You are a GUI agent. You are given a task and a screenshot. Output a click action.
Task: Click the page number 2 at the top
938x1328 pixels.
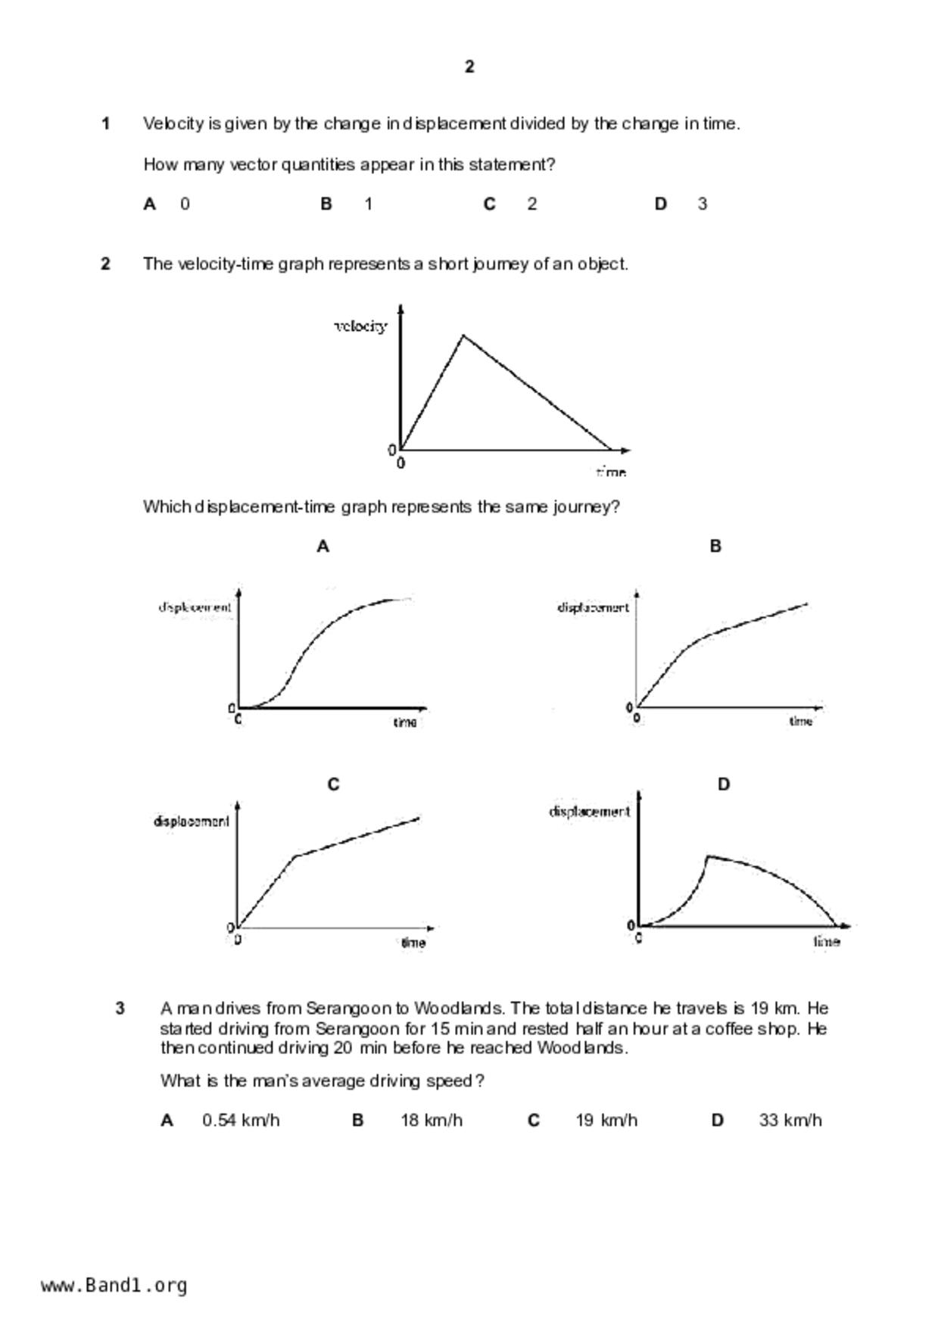point(469,67)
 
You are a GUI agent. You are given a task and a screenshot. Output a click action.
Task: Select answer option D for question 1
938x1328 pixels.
point(661,204)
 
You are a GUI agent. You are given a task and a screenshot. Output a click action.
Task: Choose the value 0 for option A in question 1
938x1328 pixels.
point(185,204)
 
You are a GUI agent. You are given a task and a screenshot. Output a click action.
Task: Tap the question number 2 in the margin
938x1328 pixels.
point(106,263)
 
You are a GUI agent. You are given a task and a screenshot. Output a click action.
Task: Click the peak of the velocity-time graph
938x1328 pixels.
point(464,335)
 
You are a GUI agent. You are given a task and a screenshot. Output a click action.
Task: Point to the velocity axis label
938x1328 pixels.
point(361,326)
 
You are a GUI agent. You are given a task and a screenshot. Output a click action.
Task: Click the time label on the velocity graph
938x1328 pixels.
point(611,472)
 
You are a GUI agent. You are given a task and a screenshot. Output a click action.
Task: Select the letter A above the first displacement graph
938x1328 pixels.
point(323,546)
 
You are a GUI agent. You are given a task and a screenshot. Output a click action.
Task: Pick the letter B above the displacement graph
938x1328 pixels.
point(715,546)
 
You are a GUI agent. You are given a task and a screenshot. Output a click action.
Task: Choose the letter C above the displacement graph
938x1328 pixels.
point(333,784)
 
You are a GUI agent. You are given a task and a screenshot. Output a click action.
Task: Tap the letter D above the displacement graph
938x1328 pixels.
point(724,784)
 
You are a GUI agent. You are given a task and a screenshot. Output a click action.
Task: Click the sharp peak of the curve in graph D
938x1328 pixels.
point(708,856)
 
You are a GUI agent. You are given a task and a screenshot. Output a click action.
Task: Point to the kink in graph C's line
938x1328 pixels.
point(295,856)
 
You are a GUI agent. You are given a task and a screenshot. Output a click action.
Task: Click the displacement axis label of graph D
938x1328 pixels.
point(589,812)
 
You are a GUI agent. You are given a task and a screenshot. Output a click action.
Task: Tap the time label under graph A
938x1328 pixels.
point(405,722)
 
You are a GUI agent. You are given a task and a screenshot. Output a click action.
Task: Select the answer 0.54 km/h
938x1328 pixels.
point(241,1120)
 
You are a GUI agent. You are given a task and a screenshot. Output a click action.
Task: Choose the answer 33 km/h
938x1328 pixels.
point(790,1120)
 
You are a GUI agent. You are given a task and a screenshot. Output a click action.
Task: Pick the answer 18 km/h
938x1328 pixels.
point(431,1120)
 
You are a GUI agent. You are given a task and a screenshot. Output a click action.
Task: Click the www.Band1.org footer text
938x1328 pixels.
point(114,1286)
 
